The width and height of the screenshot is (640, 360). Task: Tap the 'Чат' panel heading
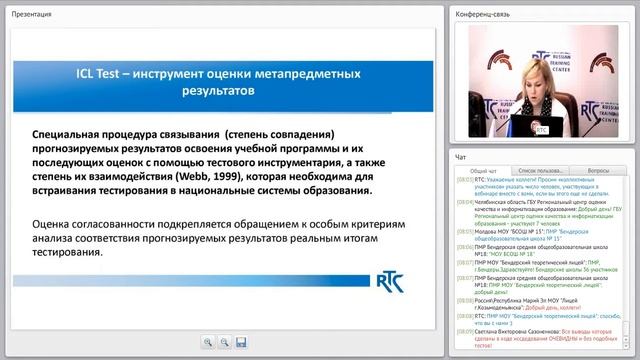(x=461, y=157)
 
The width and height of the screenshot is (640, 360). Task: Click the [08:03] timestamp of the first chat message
(x=464, y=183)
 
